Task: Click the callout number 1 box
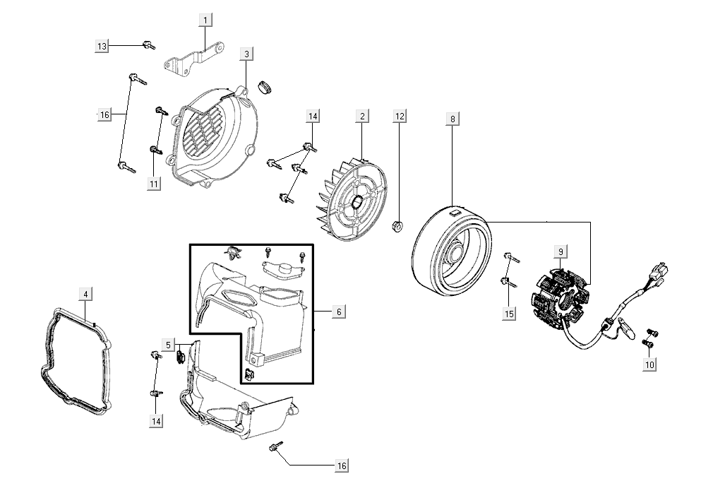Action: (205, 20)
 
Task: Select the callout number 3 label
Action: (246, 54)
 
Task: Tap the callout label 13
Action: (102, 46)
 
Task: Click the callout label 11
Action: (154, 184)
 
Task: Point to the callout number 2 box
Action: (362, 115)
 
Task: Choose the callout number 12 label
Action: (400, 115)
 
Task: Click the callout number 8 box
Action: (453, 119)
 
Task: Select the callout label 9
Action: (560, 251)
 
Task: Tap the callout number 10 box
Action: (649, 364)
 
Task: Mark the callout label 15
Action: (510, 314)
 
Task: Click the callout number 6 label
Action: (338, 312)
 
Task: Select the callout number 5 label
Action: (168, 345)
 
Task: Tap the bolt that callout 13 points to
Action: (149, 46)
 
